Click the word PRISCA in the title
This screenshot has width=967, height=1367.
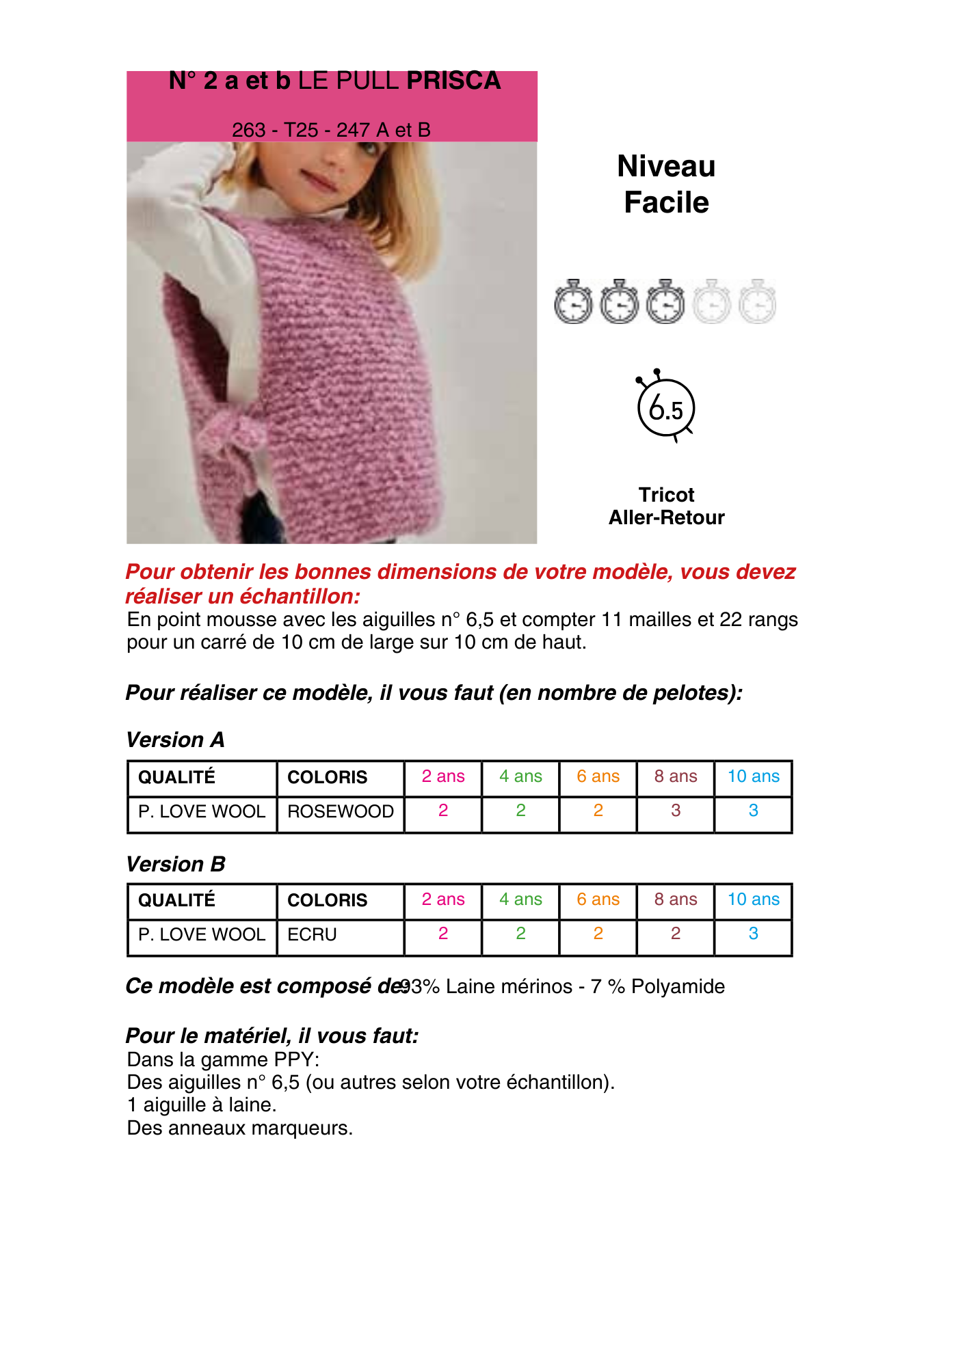click(453, 81)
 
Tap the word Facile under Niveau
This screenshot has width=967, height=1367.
click(666, 203)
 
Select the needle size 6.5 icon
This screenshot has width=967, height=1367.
click(665, 408)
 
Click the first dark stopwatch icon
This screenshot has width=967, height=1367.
click(573, 302)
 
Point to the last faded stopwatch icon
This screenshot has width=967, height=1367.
click(758, 302)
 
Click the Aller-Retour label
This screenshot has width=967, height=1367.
click(666, 517)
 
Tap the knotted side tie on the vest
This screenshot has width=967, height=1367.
click(236, 435)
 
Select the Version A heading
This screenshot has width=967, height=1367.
click(175, 740)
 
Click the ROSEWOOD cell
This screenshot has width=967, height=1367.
click(340, 811)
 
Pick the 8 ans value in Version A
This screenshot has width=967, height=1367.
click(675, 811)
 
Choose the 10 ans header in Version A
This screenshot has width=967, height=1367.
click(753, 776)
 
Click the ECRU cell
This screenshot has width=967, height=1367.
click(312, 934)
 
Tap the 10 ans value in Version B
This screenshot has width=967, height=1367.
click(753, 934)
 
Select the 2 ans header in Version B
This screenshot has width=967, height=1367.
click(443, 899)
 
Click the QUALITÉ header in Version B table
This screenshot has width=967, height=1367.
click(176, 900)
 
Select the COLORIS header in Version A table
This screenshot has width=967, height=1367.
click(327, 777)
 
